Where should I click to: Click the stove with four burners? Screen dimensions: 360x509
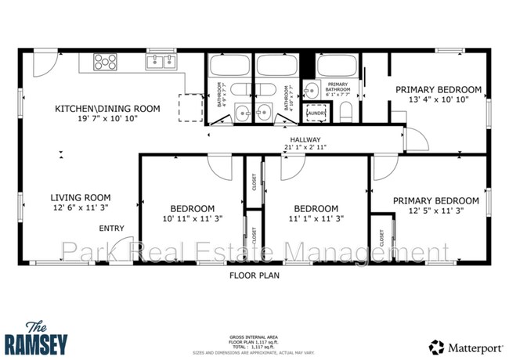click(x=105, y=61)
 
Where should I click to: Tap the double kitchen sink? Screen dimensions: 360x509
click(x=162, y=61)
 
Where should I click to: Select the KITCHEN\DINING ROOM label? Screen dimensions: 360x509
click(x=107, y=108)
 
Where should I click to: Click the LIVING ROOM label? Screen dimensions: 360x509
click(x=81, y=197)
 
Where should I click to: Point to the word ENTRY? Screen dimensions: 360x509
click(x=110, y=229)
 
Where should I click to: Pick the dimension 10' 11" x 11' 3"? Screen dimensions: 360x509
click(x=193, y=219)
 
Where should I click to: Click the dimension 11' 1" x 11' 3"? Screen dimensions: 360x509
click(x=316, y=219)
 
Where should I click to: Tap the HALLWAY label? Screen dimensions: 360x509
click(x=301, y=139)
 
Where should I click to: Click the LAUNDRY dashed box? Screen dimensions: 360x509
click(x=316, y=113)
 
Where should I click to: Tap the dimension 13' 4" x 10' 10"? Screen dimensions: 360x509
click(x=438, y=100)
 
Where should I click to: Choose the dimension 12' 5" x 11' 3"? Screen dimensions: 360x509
click(x=435, y=211)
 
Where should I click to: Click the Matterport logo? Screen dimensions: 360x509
click(x=464, y=345)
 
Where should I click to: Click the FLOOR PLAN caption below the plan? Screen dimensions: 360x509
click(x=254, y=275)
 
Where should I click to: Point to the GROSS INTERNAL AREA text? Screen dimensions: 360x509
click(x=254, y=333)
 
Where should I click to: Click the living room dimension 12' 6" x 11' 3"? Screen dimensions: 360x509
click(x=81, y=208)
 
